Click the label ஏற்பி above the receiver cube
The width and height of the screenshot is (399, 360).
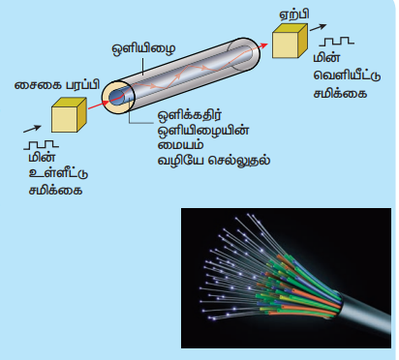[x=293, y=15]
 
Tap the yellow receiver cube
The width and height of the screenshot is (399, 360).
[x=290, y=41]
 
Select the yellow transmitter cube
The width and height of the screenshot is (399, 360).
[x=69, y=115]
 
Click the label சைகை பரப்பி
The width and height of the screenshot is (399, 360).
[x=57, y=85]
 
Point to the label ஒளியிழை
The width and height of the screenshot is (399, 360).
[x=144, y=49]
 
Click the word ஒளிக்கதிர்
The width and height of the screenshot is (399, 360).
[x=190, y=115]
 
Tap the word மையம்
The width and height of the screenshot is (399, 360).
[x=180, y=145]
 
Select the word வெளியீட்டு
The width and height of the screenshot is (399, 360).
[x=347, y=75]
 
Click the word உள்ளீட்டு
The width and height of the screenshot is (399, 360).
[x=58, y=173]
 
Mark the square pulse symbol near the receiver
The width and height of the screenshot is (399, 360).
[x=336, y=42]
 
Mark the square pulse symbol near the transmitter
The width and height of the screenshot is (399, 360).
[x=41, y=145]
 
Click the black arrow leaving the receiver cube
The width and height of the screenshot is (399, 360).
[x=318, y=27]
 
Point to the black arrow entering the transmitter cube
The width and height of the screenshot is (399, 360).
[x=32, y=129]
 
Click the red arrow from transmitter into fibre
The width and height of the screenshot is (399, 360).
[x=99, y=105]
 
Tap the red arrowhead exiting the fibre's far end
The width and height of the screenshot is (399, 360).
[x=263, y=45]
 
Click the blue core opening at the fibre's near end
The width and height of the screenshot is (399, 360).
[x=115, y=96]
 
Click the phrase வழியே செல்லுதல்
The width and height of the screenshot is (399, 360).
[x=214, y=161]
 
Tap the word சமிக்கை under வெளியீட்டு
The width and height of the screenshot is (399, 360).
[x=340, y=94]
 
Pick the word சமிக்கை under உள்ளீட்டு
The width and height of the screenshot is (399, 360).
[x=55, y=190]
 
